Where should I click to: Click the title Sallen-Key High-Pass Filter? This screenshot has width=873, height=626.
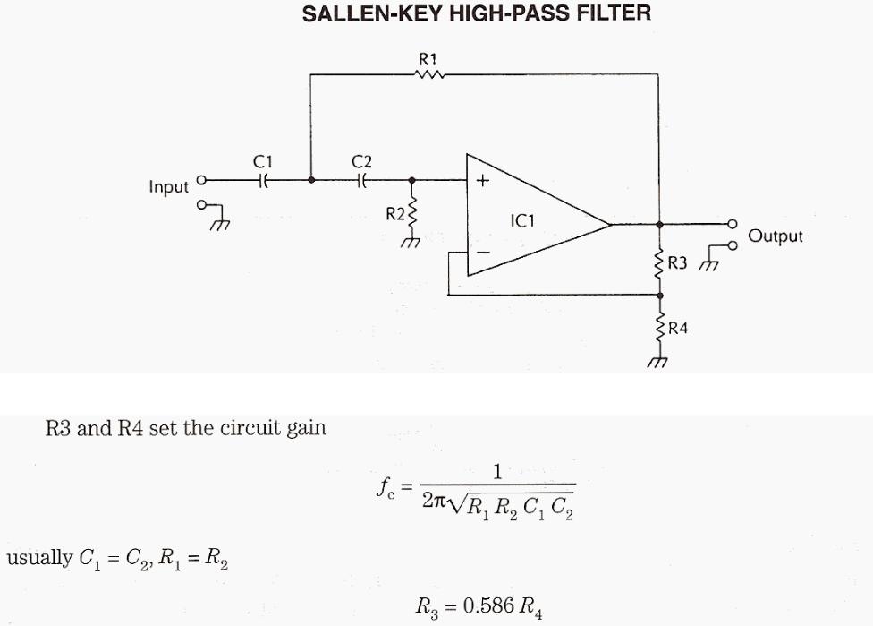(477, 13)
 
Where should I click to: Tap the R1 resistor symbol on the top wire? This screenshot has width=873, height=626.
(428, 76)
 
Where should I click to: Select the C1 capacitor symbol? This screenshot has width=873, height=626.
(262, 180)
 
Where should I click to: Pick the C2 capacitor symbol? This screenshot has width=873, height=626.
(361, 180)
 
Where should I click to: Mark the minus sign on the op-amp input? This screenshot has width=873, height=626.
(483, 254)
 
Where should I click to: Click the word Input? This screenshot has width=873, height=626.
(169, 187)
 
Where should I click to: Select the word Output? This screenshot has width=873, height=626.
(776, 236)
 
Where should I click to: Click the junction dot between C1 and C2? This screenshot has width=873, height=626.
(310, 180)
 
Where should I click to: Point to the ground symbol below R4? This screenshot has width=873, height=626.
(659, 362)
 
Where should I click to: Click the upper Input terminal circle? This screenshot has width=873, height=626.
(201, 180)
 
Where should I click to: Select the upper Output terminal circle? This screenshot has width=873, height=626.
(733, 223)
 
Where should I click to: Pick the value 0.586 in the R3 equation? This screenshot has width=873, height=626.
(487, 605)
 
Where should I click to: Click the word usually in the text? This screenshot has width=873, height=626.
(39, 558)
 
